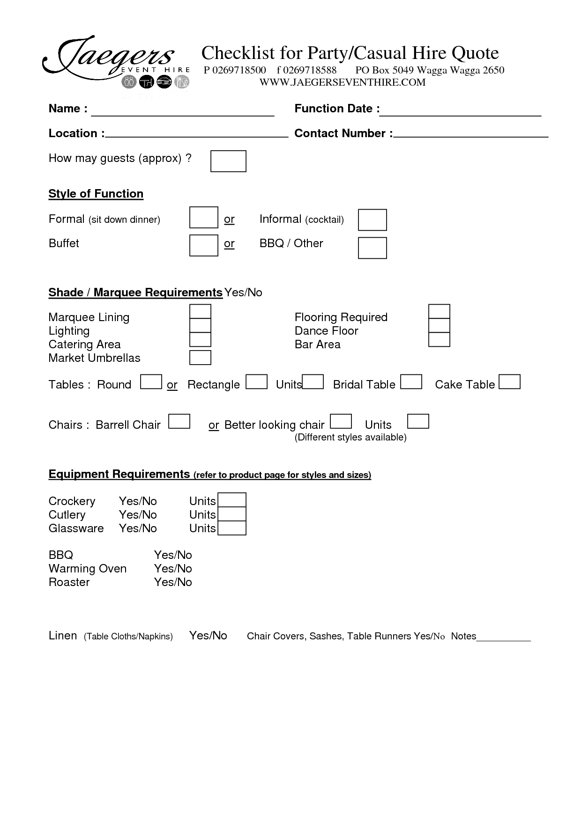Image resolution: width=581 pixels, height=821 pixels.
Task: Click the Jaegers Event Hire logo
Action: (x=115, y=63)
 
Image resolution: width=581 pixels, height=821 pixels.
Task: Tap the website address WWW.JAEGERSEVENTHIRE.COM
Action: (x=343, y=82)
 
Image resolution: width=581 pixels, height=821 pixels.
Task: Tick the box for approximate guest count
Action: (x=228, y=161)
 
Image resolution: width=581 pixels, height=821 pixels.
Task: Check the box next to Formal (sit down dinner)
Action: (x=203, y=217)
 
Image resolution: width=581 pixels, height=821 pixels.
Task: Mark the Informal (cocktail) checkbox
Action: (x=372, y=220)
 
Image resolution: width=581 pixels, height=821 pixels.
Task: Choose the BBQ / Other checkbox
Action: (x=372, y=248)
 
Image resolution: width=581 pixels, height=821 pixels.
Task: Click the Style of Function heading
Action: (x=96, y=194)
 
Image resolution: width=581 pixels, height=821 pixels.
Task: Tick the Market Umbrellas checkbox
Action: (x=200, y=358)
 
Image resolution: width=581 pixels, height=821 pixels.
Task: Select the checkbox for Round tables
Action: (x=151, y=381)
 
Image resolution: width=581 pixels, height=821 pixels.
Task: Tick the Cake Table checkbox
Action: (x=509, y=381)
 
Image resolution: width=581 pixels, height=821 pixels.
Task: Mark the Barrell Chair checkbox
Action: (x=179, y=421)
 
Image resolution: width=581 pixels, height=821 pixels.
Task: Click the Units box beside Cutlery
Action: (x=232, y=514)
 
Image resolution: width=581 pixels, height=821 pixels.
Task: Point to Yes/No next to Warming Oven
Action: (x=173, y=568)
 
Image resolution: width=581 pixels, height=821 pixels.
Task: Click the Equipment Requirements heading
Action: (x=119, y=474)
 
